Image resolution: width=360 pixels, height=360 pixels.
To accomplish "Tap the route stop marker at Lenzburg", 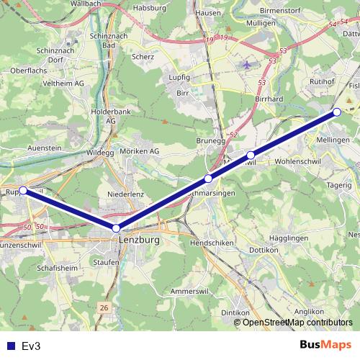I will pyautogui.click(x=116, y=228).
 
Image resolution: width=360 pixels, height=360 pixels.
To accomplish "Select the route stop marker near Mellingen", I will pyautogui.click(x=336, y=112).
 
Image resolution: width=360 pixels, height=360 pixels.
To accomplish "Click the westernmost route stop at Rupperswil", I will pyautogui.click(x=23, y=190).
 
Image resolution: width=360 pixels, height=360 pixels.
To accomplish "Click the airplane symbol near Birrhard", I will pyautogui.click(x=248, y=64).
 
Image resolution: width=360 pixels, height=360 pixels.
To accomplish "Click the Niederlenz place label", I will pyautogui.click(x=126, y=194).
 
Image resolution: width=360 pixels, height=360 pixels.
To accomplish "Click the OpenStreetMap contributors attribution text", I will pyautogui.click(x=297, y=322).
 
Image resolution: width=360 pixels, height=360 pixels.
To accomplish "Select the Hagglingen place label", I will pyautogui.click(x=288, y=237).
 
